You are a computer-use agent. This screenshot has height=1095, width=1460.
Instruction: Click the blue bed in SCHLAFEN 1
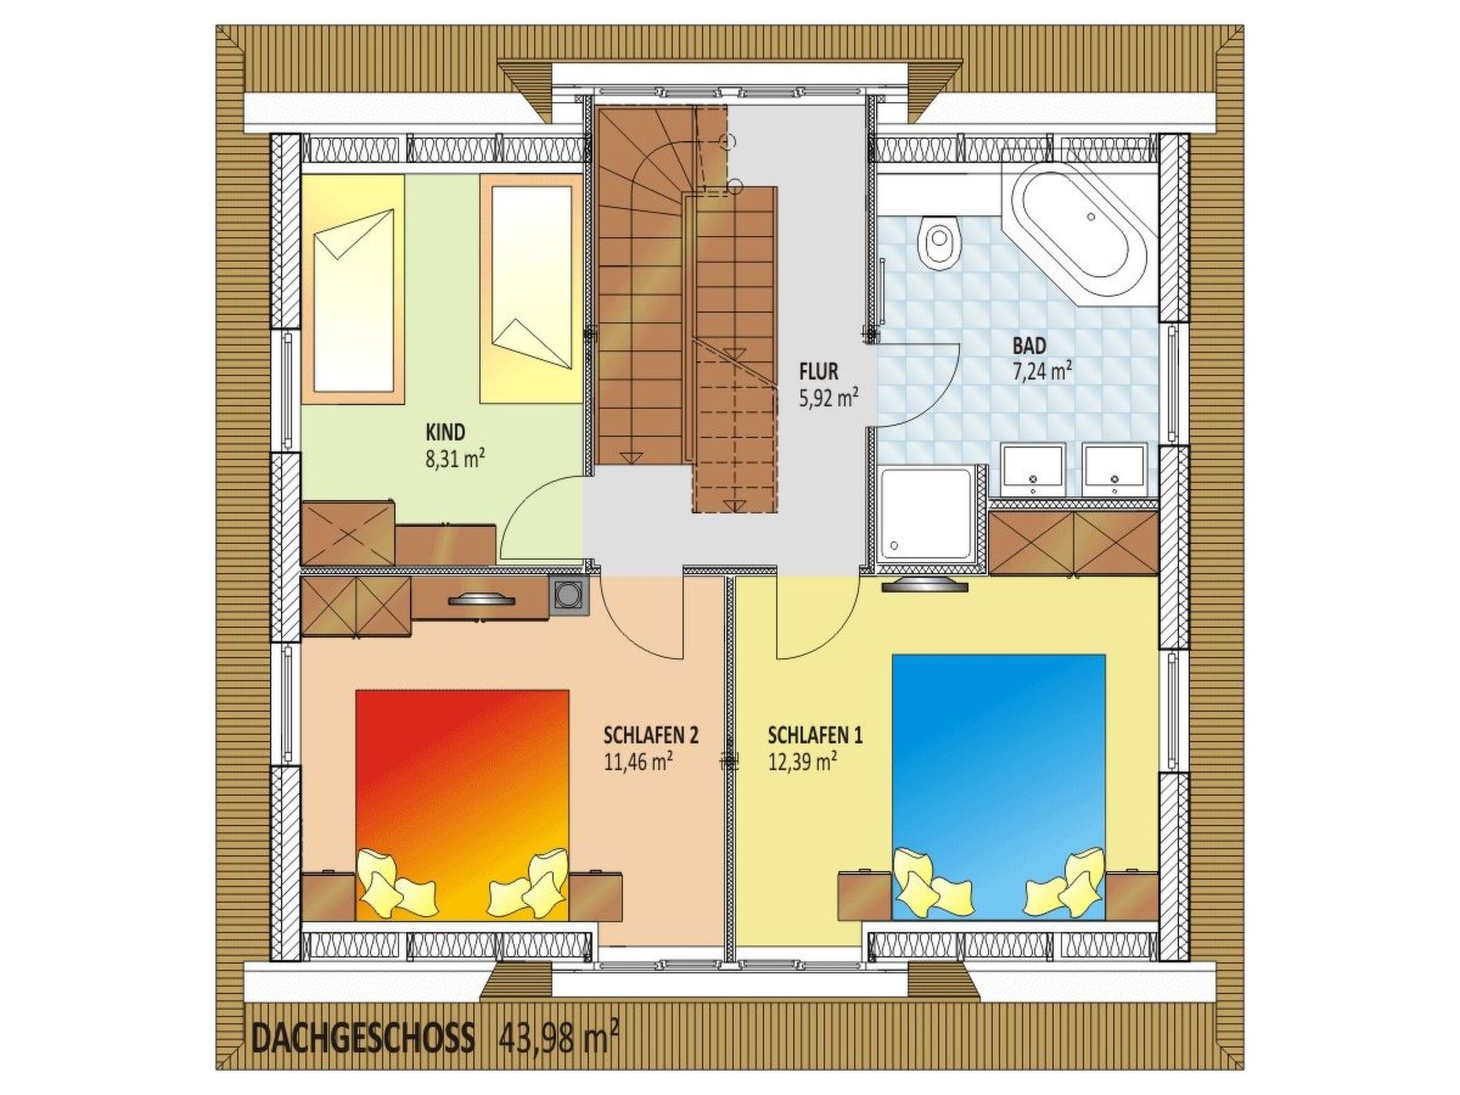[x=998, y=784]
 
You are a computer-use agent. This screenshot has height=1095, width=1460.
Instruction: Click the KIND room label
[x=445, y=432]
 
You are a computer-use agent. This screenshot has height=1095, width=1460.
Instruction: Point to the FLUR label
[x=818, y=371]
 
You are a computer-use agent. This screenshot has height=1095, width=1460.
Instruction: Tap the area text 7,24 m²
[x=1043, y=371]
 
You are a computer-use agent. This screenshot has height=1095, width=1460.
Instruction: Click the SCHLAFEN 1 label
[x=815, y=735]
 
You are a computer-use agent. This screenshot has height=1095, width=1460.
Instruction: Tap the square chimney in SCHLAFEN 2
[x=570, y=594]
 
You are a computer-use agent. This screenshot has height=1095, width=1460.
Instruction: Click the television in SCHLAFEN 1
[x=925, y=586]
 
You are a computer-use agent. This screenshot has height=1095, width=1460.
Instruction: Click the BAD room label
[x=1029, y=346]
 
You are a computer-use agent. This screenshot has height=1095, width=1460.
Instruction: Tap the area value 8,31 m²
[x=456, y=458]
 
